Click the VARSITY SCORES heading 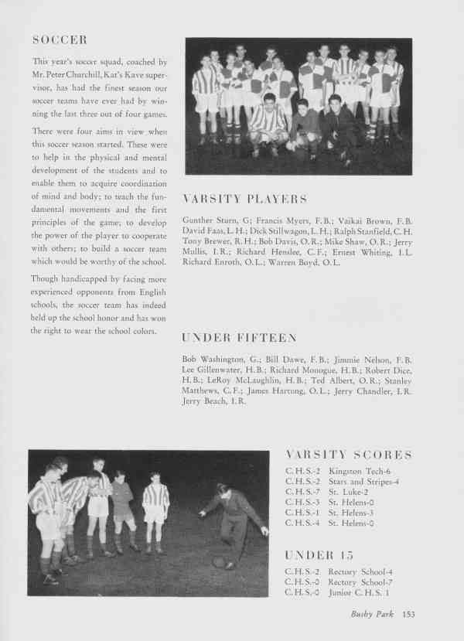point(349,455)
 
